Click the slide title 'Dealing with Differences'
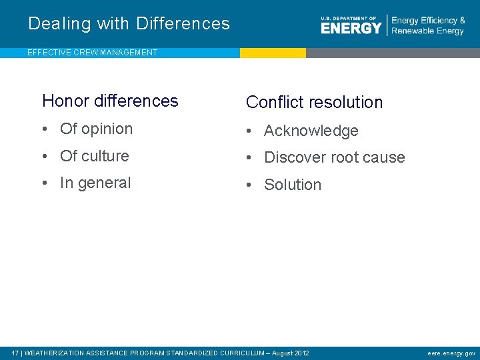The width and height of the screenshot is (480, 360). [129, 24]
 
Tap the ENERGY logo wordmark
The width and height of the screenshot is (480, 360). [351, 28]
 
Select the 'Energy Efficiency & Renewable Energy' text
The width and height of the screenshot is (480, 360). [428, 25]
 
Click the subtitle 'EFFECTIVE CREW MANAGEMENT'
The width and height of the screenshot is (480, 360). [93, 53]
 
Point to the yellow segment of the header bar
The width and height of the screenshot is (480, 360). [273, 53]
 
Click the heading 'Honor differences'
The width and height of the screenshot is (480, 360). [110, 101]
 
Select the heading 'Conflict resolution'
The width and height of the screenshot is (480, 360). [314, 102]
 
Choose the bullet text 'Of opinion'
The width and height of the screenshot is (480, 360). [96, 129]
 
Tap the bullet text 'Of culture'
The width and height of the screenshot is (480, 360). [94, 156]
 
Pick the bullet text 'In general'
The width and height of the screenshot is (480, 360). [95, 183]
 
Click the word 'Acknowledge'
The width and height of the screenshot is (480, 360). [311, 131]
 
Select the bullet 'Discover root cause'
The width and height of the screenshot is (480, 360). [334, 158]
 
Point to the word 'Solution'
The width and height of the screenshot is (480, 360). [293, 185]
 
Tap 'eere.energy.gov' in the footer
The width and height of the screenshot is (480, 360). [451, 353]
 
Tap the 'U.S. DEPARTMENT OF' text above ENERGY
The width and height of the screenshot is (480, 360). [348, 19]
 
